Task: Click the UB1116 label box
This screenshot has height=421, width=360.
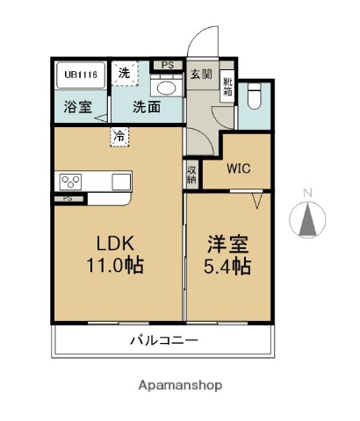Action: [80, 75]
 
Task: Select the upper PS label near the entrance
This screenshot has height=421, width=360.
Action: [167, 64]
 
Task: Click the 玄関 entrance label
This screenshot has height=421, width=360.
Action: [201, 75]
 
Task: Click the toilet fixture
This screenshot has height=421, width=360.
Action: [255, 96]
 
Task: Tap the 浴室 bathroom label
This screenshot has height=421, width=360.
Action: [76, 108]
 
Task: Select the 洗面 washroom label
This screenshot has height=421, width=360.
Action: [147, 108]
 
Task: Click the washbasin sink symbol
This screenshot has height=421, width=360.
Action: [165, 88]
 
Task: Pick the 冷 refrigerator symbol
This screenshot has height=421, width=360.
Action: [118, 136]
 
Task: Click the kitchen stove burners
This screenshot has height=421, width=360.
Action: [71, 182]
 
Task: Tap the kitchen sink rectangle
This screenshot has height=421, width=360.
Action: [120, 182]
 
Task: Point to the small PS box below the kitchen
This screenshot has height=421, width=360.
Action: [67, 199]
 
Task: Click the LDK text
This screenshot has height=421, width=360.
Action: [114, 243]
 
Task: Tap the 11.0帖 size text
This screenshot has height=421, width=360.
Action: [114, 265]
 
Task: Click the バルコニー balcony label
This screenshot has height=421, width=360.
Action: [164, 340]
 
